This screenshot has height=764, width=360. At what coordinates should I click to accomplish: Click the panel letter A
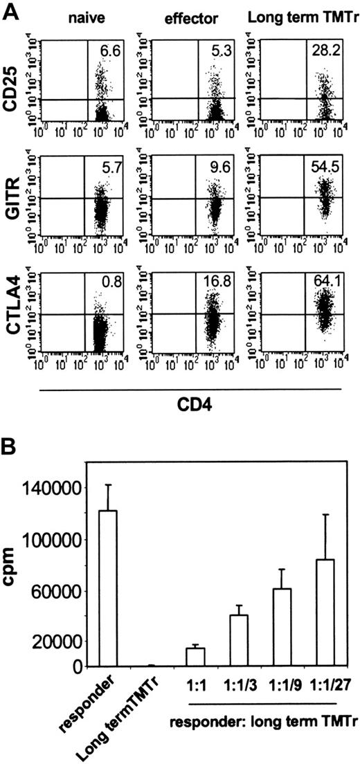click(10, 10)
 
